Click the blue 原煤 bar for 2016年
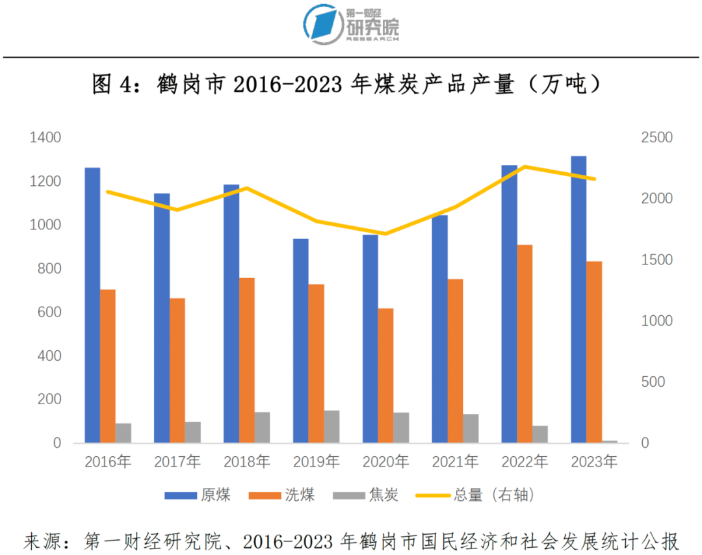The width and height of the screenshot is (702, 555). click(92, 305)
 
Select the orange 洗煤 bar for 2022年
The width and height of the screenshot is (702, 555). click(525, 344)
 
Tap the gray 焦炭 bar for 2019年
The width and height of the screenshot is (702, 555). click(331, 426)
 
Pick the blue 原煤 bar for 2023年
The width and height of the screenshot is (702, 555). click(578, 300)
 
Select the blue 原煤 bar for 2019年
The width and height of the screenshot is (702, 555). click(300, 341)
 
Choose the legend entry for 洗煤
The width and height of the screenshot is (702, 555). click(282, 495)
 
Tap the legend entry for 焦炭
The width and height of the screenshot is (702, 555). click(365, 495)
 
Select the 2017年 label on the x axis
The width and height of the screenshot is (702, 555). click(177, 462)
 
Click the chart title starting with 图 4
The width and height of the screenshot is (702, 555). click(345, 84)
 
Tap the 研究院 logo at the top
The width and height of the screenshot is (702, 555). click(351, 25)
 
